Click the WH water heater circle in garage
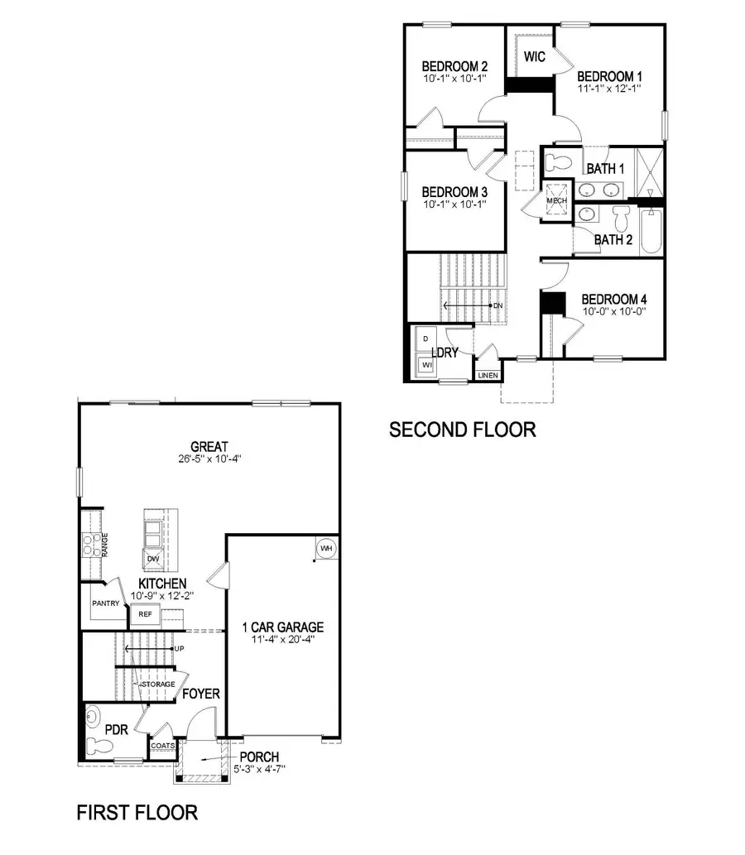(325, 549)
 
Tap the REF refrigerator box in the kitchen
(145, 614)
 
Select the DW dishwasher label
(153, 559)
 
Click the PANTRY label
(106, 603)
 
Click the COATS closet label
(161, 746)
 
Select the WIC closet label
(535, 57)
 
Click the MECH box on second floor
(556, 201)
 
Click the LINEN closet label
(488, 375)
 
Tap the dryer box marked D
(426, 339)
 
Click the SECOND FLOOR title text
(462, 430)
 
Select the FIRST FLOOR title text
(137, 812)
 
